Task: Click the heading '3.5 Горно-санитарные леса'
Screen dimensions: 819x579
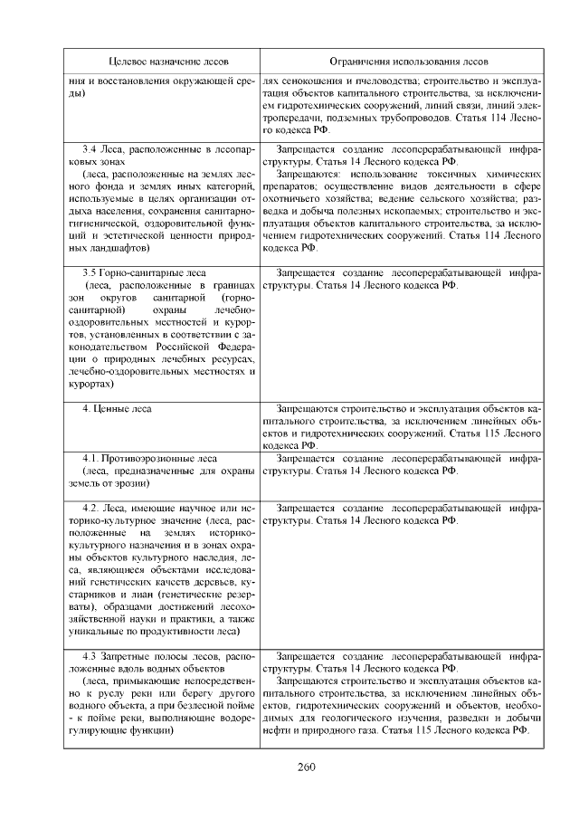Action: pyautogui.click(x=145, y=272)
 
